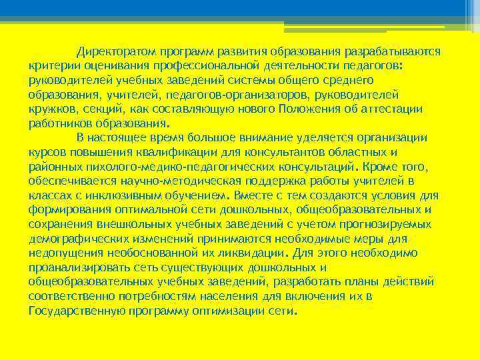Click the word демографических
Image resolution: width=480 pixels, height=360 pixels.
pyautogui.click(x=76, y=239)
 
